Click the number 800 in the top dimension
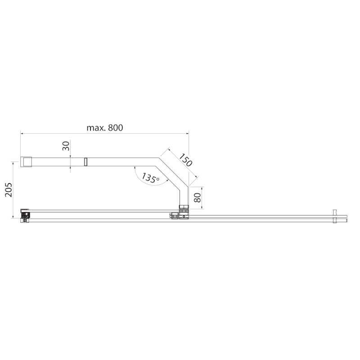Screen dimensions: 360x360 click(116, 128)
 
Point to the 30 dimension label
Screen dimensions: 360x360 click(66, 146)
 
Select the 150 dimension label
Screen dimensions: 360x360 click(185, 160)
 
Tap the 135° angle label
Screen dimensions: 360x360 click(150, 177)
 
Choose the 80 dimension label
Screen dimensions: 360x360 click(198, 198)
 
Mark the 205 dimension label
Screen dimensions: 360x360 click(9, 189)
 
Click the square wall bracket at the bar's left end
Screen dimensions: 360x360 click(26, 162)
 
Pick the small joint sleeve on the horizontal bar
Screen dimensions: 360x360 click(85, 162)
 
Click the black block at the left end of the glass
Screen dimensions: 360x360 click(25, 215)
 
